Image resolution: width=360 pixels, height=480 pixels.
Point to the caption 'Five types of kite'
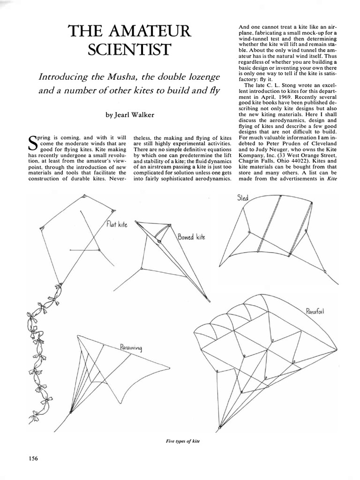tap(180, 442)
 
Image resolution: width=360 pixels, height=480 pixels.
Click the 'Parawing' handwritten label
tap(130, 348)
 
